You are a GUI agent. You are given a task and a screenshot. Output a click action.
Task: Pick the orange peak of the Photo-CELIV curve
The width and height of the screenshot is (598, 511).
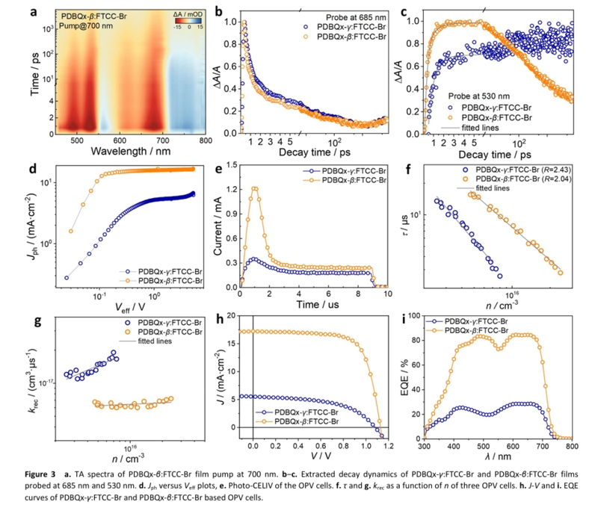255,188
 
